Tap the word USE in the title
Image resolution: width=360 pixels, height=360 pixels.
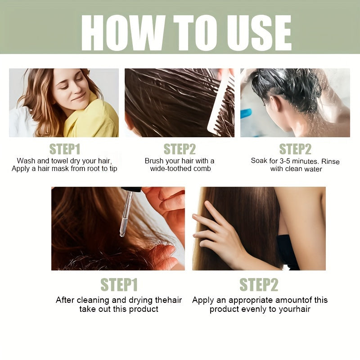pos(259,33)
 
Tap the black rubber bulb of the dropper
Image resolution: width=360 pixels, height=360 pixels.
pos(131,189)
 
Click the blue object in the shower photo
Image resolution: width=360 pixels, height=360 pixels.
pos(246,114)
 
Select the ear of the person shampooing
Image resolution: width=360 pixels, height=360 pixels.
pos(274,104)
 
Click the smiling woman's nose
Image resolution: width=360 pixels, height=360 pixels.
pos(77,88)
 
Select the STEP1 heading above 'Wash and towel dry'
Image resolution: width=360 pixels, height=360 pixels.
pos(65,149)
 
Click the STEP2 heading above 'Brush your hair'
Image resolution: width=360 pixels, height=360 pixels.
pos(180,149)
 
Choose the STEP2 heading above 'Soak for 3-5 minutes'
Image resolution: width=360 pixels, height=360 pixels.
pos(295,149)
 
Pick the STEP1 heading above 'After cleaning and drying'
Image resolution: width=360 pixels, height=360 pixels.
pos(119,285)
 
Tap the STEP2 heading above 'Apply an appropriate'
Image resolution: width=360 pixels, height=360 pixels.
pos(259,285)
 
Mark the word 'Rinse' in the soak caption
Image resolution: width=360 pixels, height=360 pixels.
pos(330,161)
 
